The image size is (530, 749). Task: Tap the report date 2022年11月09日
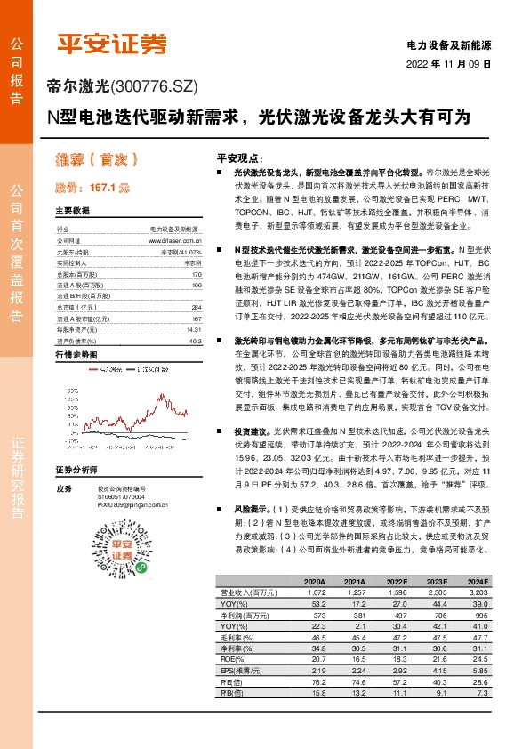[x=450, y=64]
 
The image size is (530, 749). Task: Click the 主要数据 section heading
[x=72, y=212]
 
